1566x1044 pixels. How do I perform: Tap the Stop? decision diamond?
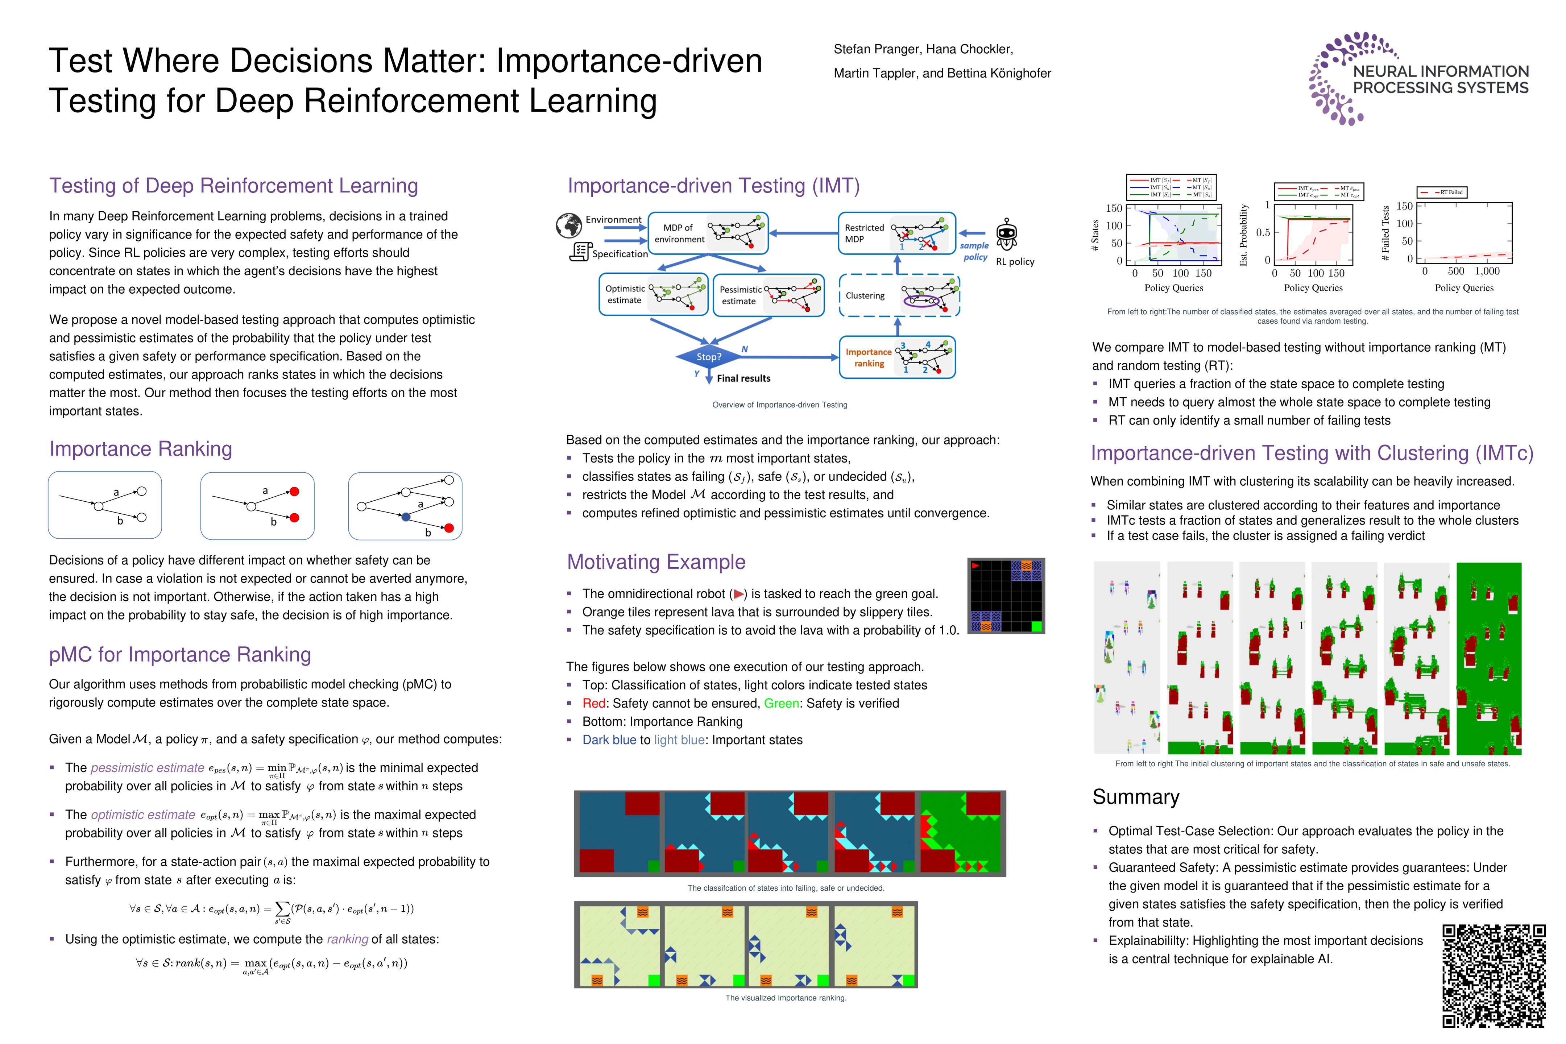708,357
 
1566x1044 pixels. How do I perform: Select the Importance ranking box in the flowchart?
897,357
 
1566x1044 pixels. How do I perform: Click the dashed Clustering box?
899,296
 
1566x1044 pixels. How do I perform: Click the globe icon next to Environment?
569,226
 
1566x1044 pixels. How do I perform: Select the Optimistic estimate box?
652,294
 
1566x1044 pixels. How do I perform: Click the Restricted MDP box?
896,233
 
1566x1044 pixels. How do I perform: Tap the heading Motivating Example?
656,562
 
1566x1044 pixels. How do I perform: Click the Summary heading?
1136,797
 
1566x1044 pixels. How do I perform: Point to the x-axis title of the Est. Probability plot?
1313,288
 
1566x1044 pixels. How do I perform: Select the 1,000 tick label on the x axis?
1487,272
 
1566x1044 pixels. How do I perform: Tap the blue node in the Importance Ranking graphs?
406,517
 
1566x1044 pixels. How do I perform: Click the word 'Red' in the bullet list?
594,704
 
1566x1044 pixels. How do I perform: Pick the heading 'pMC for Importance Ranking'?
180,655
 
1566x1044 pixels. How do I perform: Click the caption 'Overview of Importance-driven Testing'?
780,405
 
